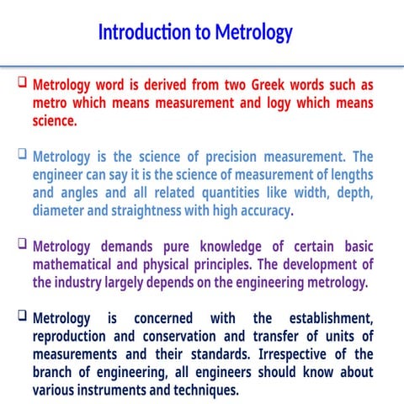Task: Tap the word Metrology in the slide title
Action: pyautogui.click(x=253, y=33)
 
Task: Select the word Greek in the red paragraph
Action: pyautogui.click(x=277, y=85)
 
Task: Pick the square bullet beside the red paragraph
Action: pyautogui.click(x=23, y=84)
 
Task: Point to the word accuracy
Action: pyautogui.click(x=262, y=210)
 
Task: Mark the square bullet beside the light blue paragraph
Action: pyautogui.click(x=23, y=155)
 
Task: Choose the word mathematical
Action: pyautogui.click(x=77, y=264)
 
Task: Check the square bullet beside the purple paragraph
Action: pyautogui.click(x=23, y=245)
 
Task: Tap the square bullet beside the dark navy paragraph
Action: pyautogui.click(x=23, y=317)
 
